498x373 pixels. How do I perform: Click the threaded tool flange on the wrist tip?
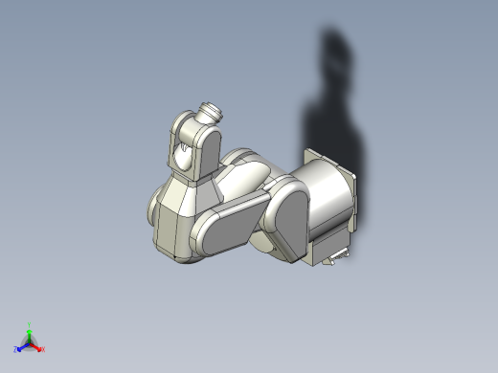click(209, 112)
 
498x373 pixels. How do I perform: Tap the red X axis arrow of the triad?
click(37, 347)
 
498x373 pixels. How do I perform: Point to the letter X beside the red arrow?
click(43, 349)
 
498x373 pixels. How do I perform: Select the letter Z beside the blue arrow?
click(16, 351)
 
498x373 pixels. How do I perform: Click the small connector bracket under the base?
click(337, 256)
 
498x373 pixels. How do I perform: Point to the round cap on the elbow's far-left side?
click(154, 208)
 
